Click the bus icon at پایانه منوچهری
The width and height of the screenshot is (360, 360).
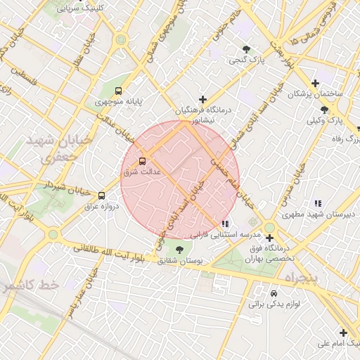[x=118, y=91]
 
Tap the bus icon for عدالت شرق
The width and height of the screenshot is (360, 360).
[x=143, y=160]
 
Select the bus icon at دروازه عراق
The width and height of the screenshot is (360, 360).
[x=102, y=195]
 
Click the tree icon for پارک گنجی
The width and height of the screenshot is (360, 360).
[x=246, y=49]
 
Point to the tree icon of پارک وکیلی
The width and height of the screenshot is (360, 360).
[x=324, y=110]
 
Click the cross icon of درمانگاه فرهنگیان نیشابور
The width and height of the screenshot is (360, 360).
[x=203, y=100]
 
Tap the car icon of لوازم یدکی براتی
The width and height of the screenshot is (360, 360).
[x=274, y=292]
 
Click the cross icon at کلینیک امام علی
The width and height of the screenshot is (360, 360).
[x=343, y=333]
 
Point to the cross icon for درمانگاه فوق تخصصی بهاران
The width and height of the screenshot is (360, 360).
[x=269, y=238]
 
